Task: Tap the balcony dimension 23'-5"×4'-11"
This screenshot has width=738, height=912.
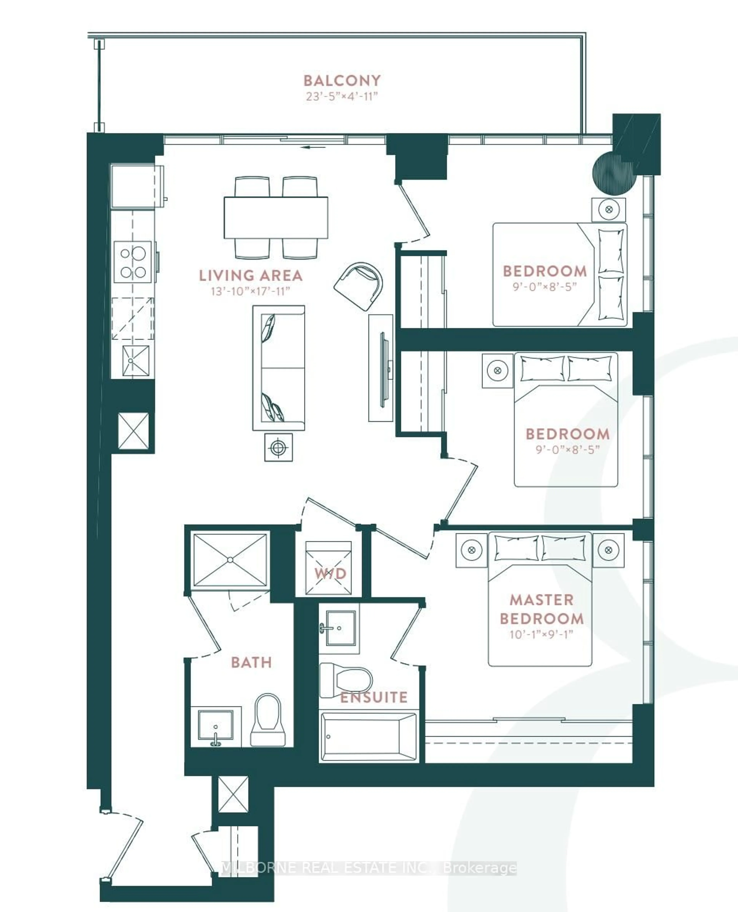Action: coord(342,96)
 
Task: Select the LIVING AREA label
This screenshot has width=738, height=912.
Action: coord(251,276)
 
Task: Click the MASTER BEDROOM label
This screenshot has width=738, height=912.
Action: coord(542,609)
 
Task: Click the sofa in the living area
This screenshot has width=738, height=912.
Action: coord(278,368)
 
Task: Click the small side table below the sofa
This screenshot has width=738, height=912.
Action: coord(278,447)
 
